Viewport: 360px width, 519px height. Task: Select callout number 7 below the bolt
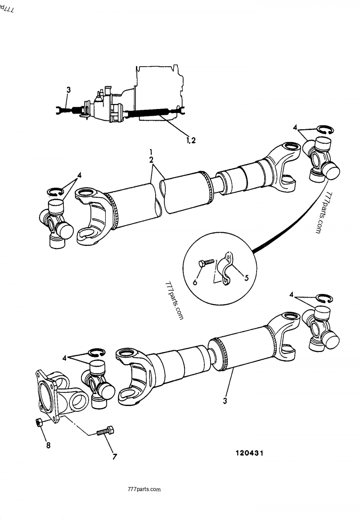[115, 457]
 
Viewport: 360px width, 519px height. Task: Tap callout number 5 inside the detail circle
[247, 278]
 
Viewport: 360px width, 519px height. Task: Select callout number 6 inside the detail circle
[195, 282]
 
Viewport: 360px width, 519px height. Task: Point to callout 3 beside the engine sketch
[68, 90]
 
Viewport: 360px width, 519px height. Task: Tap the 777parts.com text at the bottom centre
[144, 489]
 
